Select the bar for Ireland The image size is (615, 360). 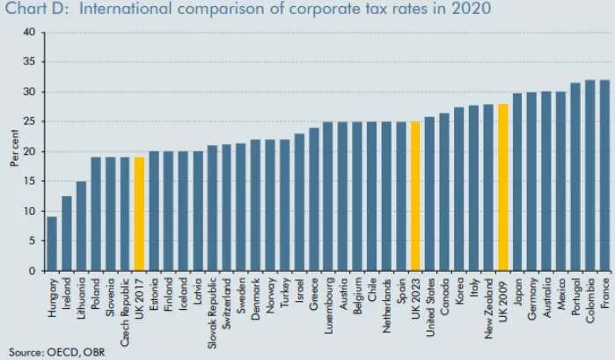[x=66, y=233]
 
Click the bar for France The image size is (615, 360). [x=604, y=175]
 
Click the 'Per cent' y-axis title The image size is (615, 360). [x=13, y=151]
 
